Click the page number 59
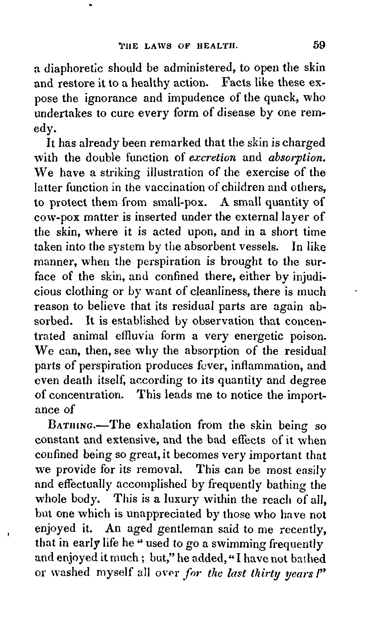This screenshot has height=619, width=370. point(318,45)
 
